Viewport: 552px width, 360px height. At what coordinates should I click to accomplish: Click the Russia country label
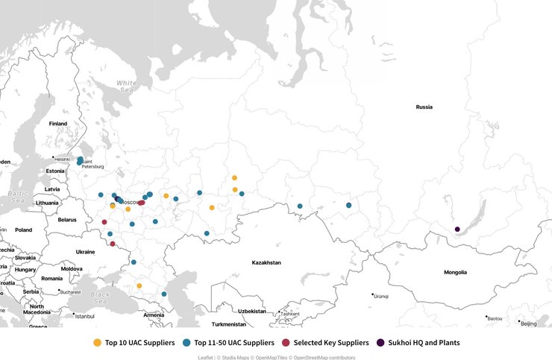click(424, 107)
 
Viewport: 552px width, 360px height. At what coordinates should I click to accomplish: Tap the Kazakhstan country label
click(266, 263)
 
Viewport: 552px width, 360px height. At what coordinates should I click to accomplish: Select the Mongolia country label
click(455, 273)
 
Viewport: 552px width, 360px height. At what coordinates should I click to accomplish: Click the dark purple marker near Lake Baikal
click(457, 230)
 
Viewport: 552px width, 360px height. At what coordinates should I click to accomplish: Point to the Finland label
click(57, 124)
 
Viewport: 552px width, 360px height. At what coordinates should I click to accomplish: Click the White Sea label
click(126, 86)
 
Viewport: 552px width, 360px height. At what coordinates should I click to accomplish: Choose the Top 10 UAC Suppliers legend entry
click(134, 343)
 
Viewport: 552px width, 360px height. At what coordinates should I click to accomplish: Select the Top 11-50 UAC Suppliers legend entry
click(228, 343)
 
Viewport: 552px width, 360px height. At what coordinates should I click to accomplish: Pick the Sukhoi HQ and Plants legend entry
click(418, 343)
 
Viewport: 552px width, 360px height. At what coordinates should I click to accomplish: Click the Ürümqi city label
click(380, 297)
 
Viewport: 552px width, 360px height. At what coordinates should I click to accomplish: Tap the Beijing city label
click(528, 324)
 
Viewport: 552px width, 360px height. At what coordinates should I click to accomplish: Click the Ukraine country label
click(85, 252)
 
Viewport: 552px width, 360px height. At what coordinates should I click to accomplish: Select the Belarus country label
click(67, 220)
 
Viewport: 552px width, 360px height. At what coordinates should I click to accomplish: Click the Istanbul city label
click(84, 316)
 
